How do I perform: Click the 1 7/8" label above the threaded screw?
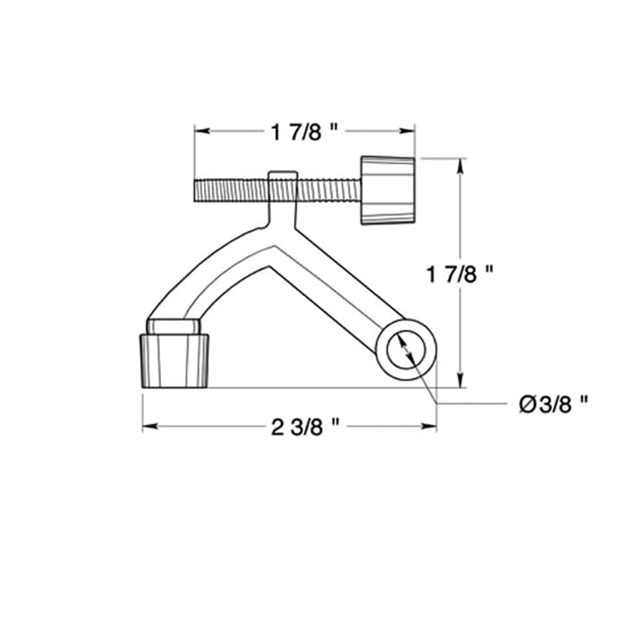[x=304, y=132]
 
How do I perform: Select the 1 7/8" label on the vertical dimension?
[x=461, y=275]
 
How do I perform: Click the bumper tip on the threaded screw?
[x=388, y=190]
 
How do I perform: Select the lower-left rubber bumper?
[x=175, y=360]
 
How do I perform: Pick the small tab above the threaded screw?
[x=282, y=174]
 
